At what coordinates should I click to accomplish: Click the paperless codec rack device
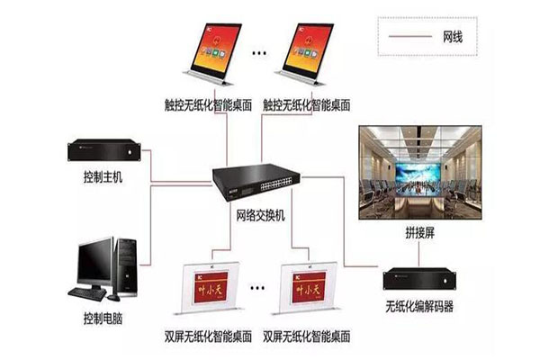421,279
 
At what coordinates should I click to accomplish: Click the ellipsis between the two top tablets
259,55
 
